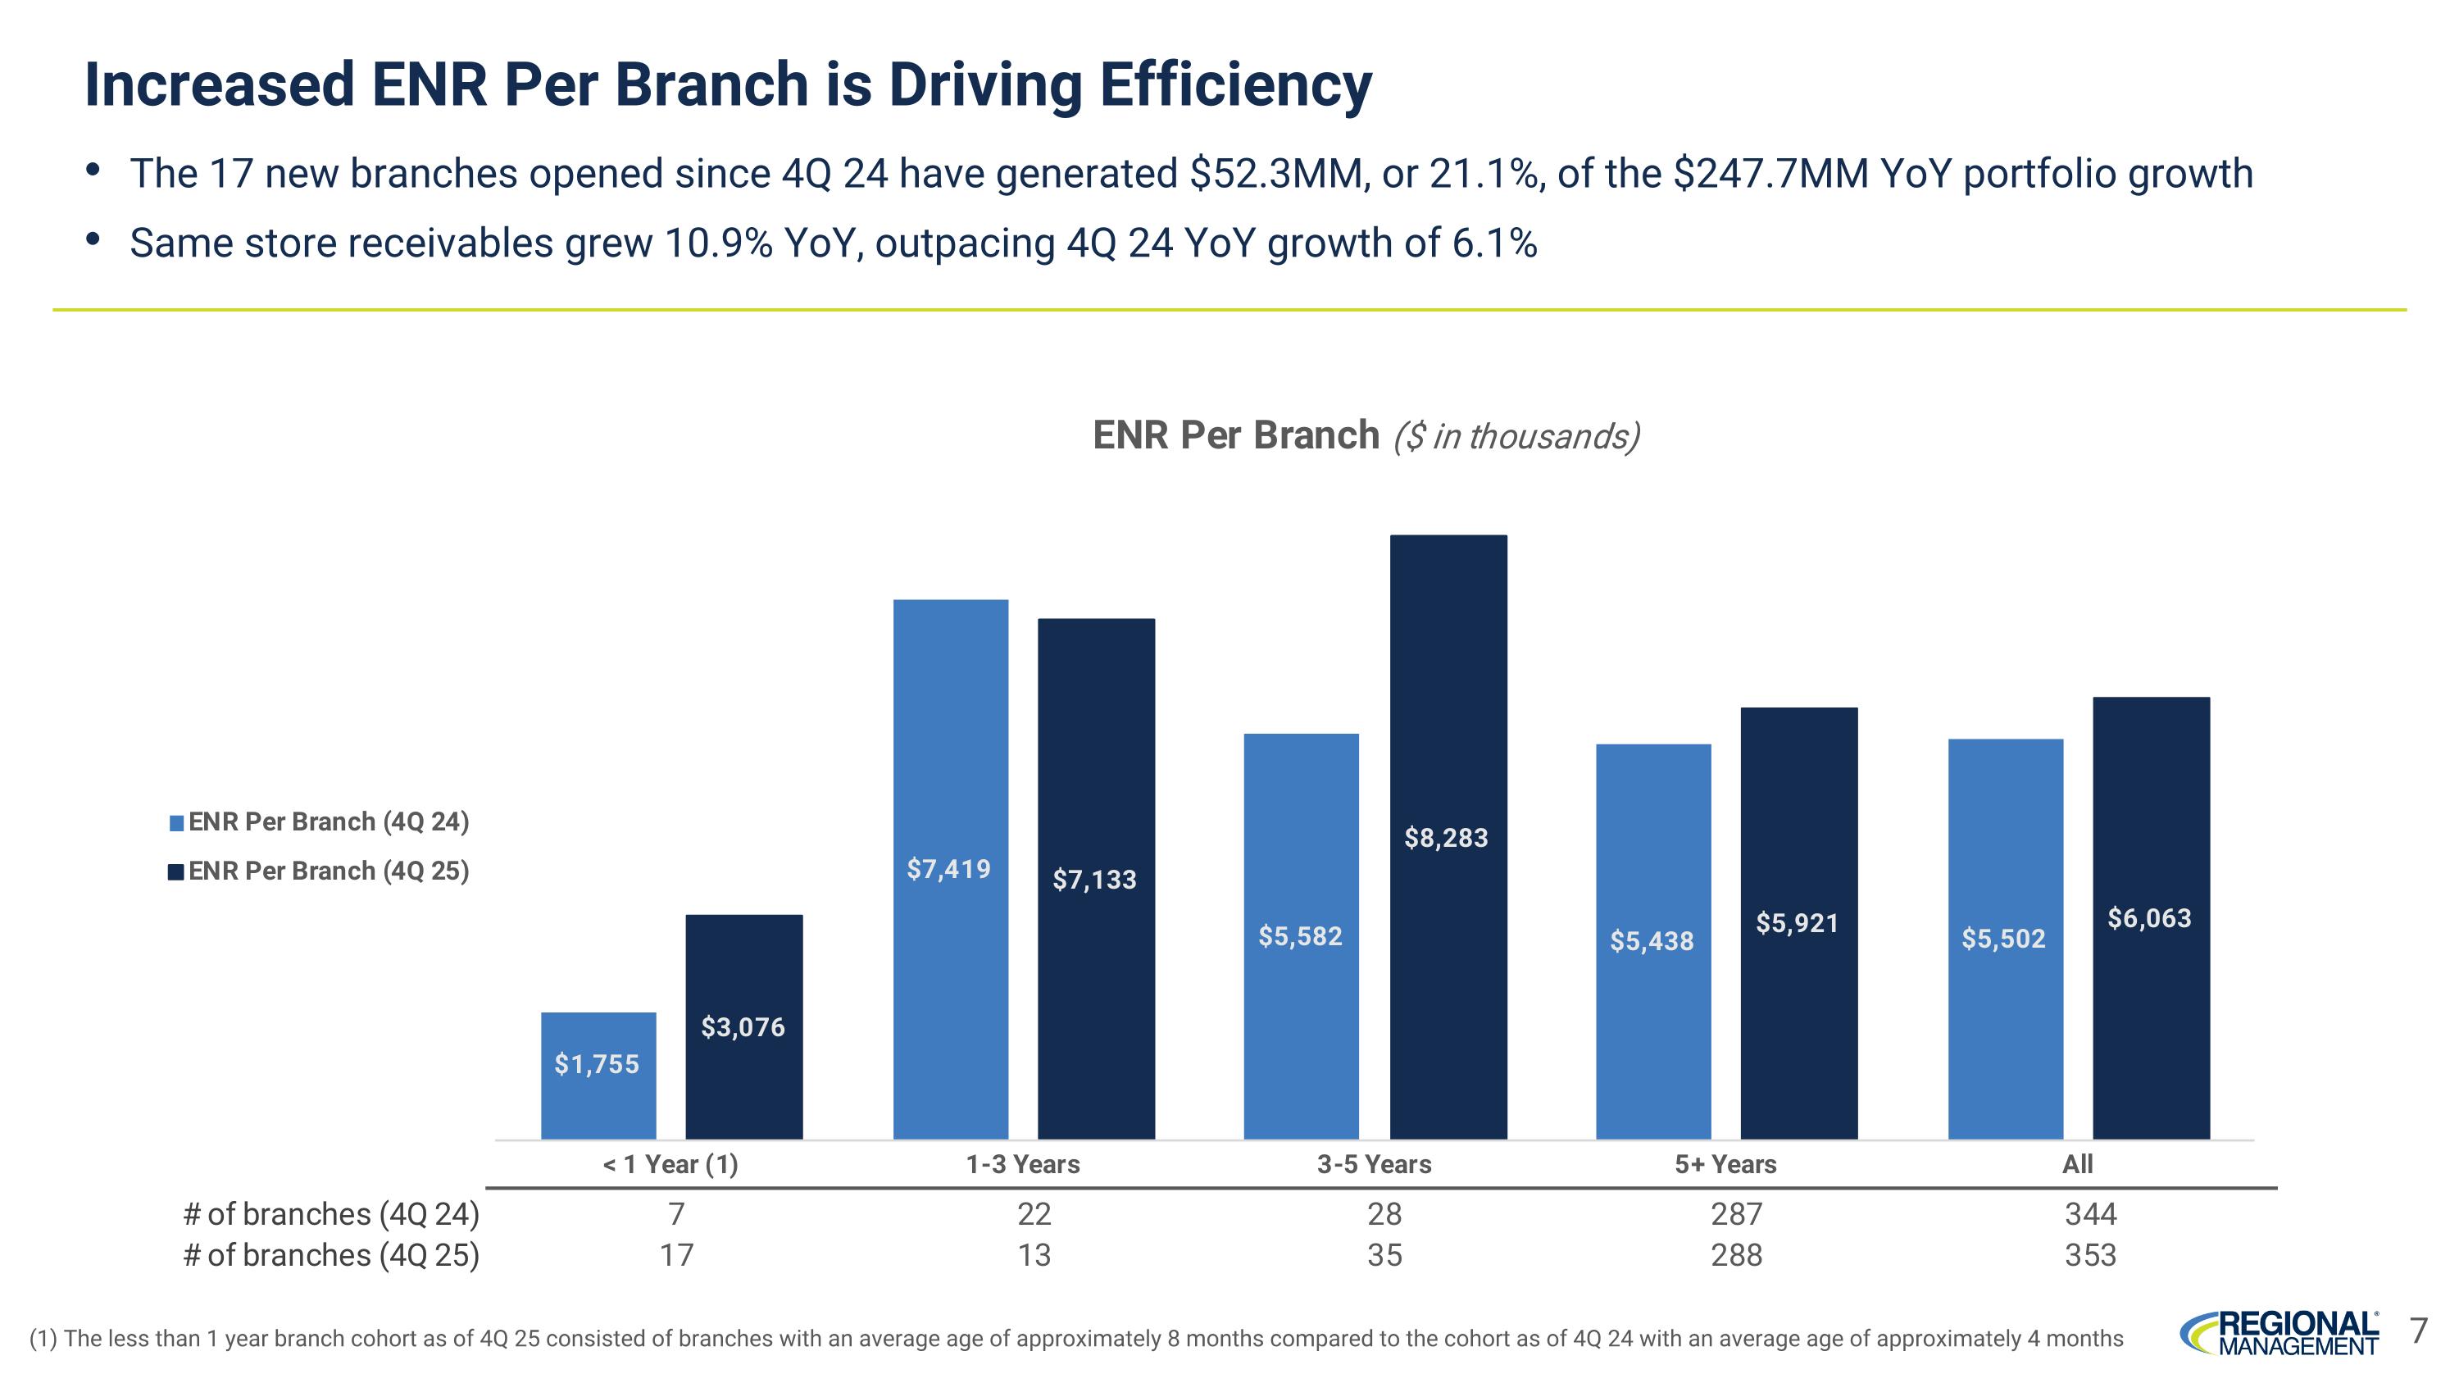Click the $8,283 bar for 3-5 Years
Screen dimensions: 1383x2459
coord(1448,836)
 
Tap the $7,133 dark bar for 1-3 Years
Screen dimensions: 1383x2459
coord(1096,878)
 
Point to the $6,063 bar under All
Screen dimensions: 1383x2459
coord(2151,917)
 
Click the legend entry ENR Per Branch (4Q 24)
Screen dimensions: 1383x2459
coord(319,821)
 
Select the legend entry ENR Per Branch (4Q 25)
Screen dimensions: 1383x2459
coord(319,871)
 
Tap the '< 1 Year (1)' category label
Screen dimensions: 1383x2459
coord(670,1164)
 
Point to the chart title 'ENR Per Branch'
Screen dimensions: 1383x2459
coord(1235,435)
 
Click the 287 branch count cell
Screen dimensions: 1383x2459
coord(1736,1214)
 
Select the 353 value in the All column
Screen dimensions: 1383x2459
coord(2089,1255)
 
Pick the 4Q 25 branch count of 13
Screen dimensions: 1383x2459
coord(1034,1255)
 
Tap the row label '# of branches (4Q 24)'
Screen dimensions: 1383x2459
coord(330,1214)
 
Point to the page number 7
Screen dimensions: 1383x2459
coord(2418,1330)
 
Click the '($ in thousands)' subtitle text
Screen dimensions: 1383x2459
coord(1516,436)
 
